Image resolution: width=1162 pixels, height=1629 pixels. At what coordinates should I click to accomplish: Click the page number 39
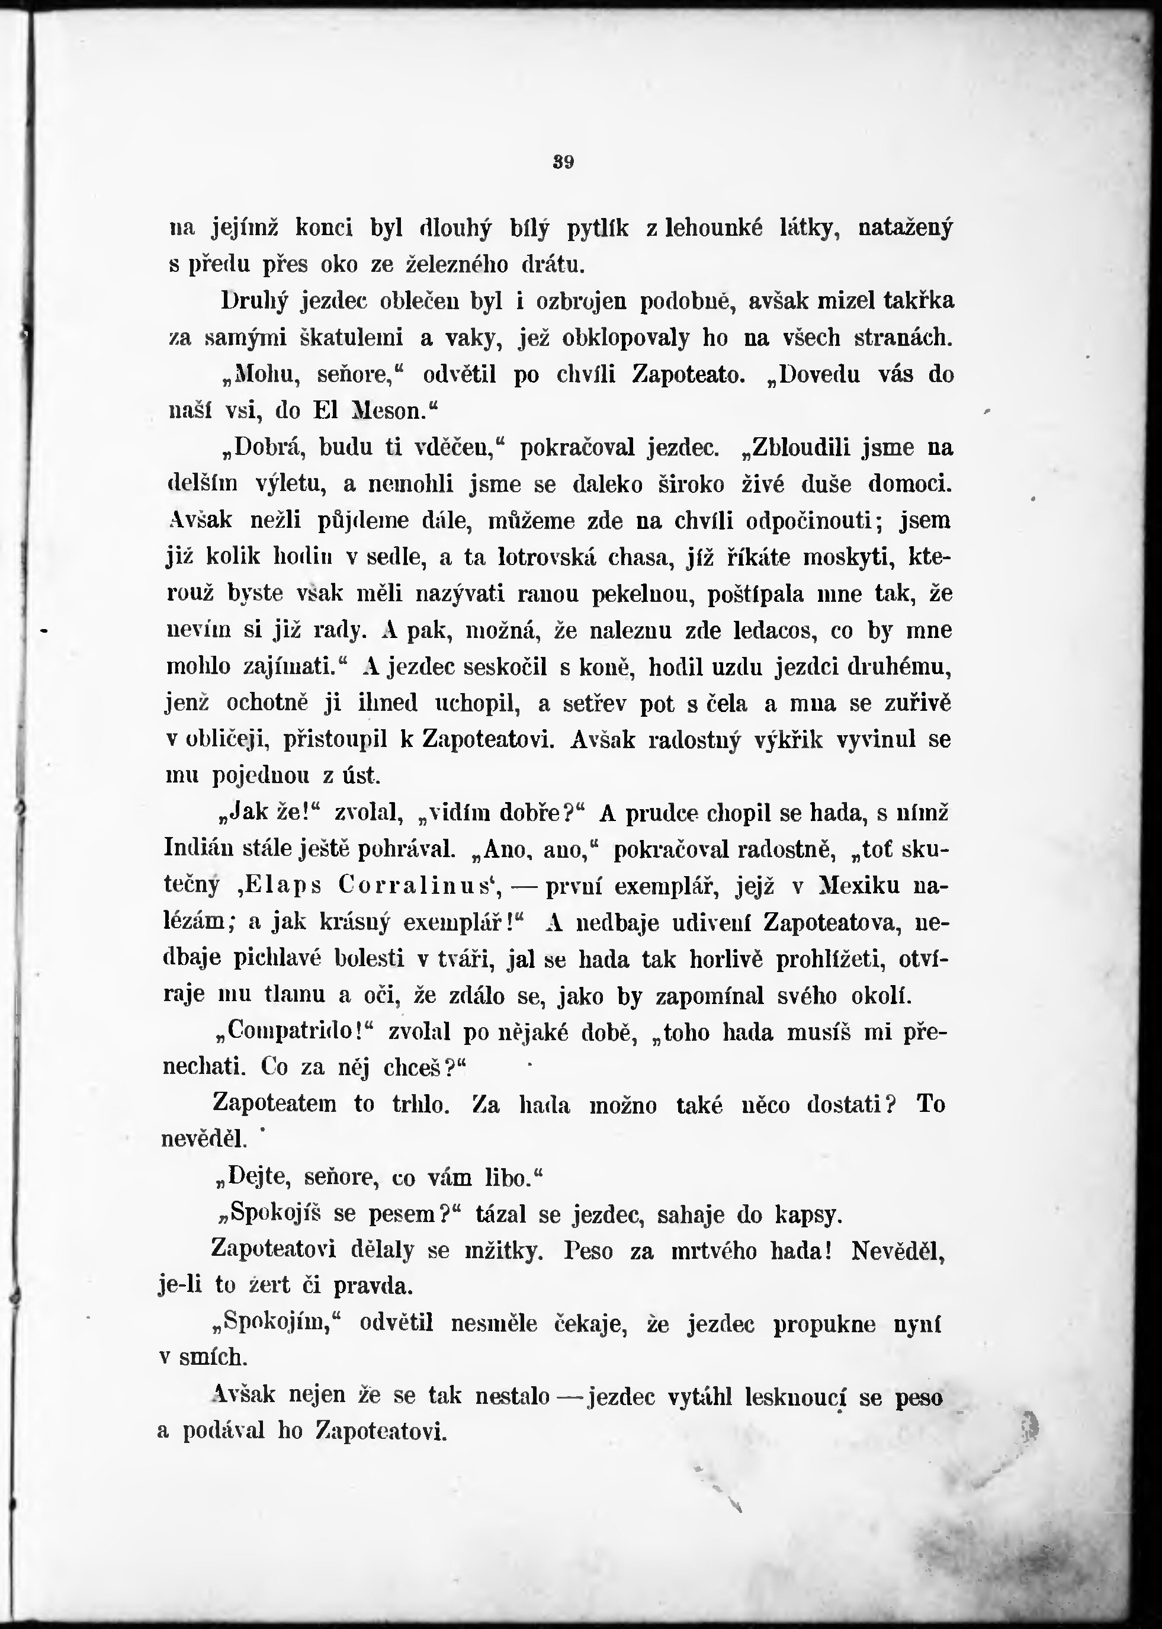point(564,162)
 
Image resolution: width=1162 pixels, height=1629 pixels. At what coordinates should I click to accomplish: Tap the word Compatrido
point(297,1032)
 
